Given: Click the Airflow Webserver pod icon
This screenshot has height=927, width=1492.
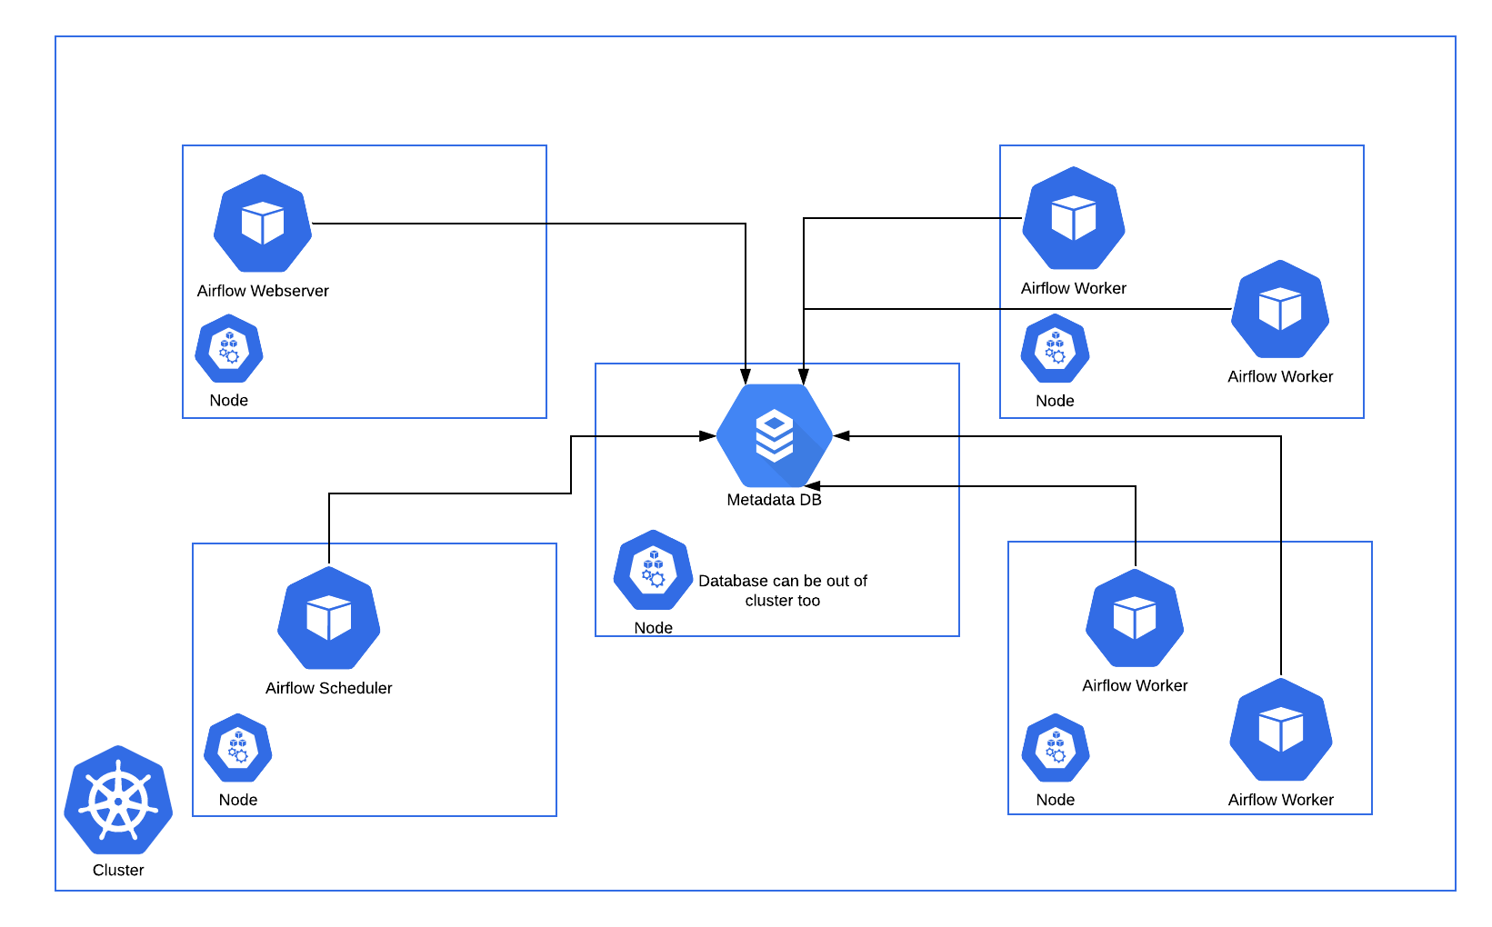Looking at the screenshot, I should click(x=263, y=224).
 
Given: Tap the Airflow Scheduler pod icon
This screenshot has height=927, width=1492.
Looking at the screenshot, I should click(x=328, y=619).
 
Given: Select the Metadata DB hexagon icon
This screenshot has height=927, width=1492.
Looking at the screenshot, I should click(x=775, y=436).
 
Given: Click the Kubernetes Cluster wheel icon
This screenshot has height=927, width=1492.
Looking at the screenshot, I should click(x=118, y=800).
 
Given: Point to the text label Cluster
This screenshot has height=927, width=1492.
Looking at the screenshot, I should click(x=118, y=870).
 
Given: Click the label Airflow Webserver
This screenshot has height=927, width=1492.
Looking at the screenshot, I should click(x=263, y=291).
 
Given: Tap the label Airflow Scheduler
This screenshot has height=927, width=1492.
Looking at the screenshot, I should click(x=328, y=688).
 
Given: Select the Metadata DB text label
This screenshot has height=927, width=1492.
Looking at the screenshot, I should click(x=774, y=500).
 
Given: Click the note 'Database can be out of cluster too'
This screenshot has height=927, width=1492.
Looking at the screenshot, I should click(x=783, y=591).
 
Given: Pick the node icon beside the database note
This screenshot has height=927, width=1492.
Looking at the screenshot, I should click(x=653, y=571).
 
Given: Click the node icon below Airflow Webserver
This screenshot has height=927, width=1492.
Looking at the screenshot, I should click(x=229, y=349).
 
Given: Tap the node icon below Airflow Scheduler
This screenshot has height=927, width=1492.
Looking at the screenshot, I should click(x=238, y=749).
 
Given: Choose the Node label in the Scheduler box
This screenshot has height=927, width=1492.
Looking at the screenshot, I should click(x=238, y=800).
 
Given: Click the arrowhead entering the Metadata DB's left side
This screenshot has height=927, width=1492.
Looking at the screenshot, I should click(x=707, y=436).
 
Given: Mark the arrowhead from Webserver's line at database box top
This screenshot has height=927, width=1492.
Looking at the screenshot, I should click(x=746, y=376).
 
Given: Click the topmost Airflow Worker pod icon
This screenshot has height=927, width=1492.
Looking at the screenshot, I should click(x=1074, y=219).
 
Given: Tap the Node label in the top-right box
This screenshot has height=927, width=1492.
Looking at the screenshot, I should click(x=1055, y=401).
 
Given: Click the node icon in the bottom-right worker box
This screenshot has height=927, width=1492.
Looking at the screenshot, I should click(x=1056, y=749).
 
